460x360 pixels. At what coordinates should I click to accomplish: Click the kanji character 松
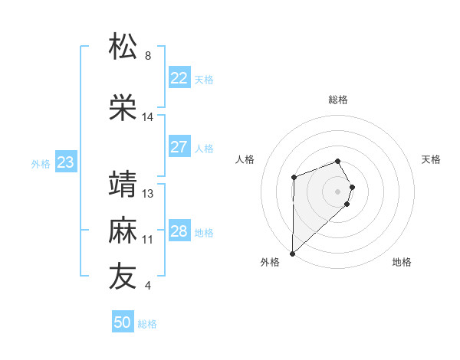tap(123, 47)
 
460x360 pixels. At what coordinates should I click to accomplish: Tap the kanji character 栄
tap(123, 107)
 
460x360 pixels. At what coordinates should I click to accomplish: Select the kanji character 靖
tap(123, 185)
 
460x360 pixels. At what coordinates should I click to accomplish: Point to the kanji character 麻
tap(123, 231)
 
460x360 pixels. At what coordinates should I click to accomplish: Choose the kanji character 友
tap(123, 277)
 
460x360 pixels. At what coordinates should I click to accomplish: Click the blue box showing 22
tap(179, 78)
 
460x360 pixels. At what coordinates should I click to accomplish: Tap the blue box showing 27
tap(179, 147)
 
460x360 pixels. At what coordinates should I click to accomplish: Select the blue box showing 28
tap(179, 231)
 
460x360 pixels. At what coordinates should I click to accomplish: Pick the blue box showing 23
tap(65, 162)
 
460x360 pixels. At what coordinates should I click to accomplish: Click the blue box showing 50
tap(123, 322)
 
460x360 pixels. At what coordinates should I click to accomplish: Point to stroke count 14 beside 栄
tap(148, 117)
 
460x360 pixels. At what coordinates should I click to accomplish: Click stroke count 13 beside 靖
tap(148, 194)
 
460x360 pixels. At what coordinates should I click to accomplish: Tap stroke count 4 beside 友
tap(148, 286)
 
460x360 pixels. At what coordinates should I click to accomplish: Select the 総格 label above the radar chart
tap(338, 100)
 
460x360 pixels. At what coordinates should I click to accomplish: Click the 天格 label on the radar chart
tap(432, 159)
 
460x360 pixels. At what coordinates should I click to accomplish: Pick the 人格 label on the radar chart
tap(245, 159)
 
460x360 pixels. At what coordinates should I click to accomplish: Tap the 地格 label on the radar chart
tap(402, 262)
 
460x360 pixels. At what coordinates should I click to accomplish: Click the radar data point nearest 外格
tap(292, 253)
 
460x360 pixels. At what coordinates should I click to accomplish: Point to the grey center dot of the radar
tap(338, 191)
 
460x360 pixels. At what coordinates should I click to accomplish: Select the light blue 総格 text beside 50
tap(147, 324)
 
